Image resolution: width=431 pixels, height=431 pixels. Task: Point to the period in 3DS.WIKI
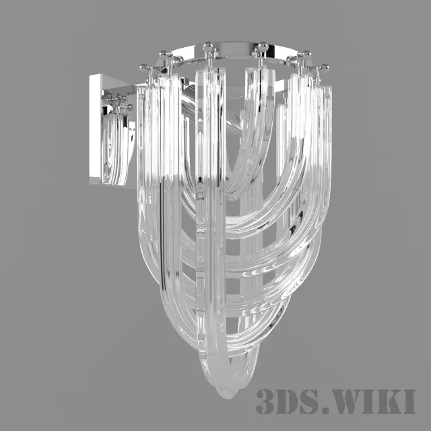pos(324,409)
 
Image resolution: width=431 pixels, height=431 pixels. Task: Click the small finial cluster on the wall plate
pos(119,102)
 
